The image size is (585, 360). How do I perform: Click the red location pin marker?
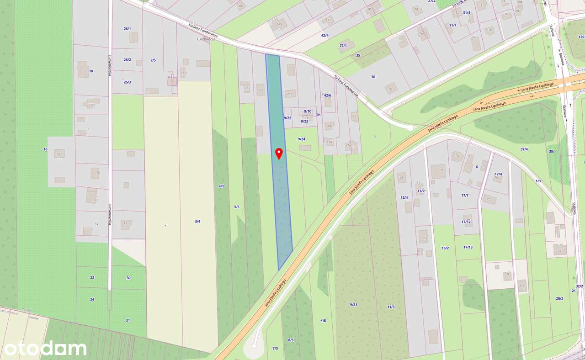278,153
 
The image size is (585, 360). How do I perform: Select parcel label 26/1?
127,29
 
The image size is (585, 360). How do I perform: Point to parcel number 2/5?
153,60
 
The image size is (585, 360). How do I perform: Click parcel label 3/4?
197,221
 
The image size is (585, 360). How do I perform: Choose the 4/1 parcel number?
221,186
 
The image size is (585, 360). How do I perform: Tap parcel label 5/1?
237,207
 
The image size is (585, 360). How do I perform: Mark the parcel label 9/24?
302,139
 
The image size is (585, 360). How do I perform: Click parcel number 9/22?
287,118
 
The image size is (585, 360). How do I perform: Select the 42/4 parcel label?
325,35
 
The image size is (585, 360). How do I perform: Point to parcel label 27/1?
343,46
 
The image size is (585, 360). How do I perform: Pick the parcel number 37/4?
524,149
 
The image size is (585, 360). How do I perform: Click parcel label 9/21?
353,304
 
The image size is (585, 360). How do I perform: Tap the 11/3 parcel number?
391,307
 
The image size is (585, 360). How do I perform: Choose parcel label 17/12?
466,222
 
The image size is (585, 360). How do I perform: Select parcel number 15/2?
445,248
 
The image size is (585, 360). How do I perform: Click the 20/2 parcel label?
559,298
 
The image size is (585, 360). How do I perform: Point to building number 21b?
289,94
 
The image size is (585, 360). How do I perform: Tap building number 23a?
261,90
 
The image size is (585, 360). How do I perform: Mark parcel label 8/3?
291,340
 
